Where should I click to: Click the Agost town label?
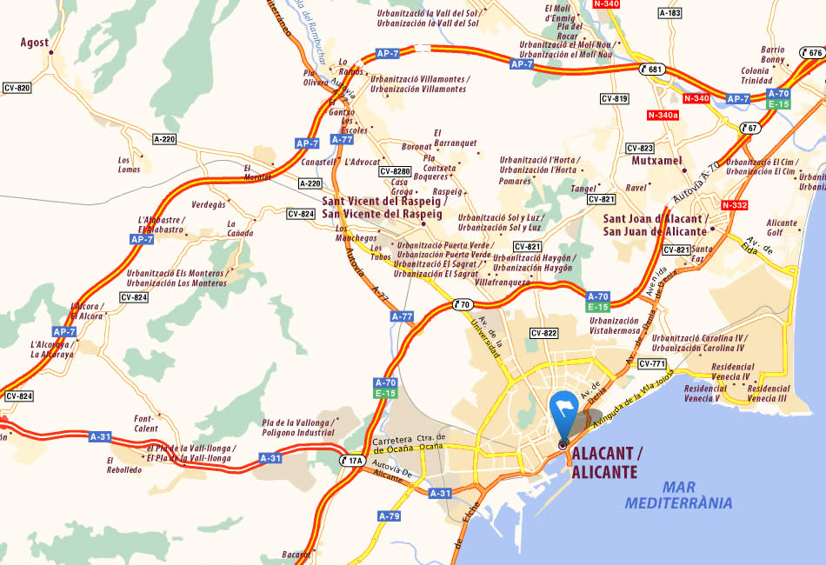coord(35,43)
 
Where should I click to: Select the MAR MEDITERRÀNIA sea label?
coord(678,495)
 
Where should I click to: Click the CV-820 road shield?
coord(17,88)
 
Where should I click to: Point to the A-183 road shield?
coord(669,13)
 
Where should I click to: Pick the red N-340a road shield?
coord(663,115)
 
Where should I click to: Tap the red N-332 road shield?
coord(735,205)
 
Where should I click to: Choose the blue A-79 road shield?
coord(389,515)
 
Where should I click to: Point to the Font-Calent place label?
coord(144,423)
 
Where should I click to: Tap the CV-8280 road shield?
coord(395,171)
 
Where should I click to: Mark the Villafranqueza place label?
coord(503,282)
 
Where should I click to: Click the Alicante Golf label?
coord(781,228)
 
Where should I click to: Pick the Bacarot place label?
coord(296,554)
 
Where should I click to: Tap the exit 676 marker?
coord(810,53)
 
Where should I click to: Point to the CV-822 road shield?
coord(543,333)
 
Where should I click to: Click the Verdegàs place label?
coord(208,204)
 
